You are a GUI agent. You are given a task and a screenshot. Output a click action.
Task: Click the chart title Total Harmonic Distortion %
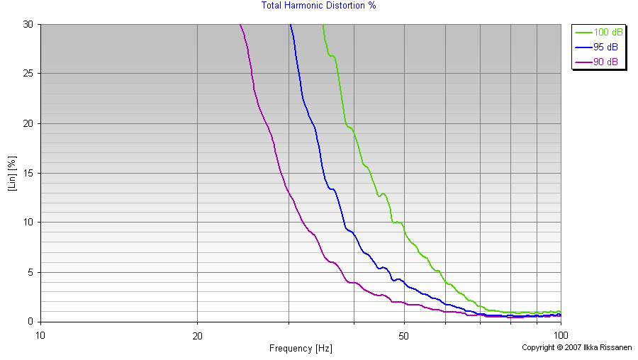coord(318,6)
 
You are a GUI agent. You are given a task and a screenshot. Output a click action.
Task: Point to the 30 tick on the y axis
coord(28,24)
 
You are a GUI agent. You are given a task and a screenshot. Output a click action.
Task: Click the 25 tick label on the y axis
coord(28,74)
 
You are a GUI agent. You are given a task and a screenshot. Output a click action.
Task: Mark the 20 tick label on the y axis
coord(28,123)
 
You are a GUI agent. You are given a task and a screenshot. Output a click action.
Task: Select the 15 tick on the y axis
coord(28,173)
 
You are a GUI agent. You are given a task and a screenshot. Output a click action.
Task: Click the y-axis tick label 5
coord(30,272)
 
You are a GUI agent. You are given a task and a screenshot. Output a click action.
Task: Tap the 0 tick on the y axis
coord(30,322)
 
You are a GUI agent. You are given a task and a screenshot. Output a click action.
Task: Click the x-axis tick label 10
coord(40,334)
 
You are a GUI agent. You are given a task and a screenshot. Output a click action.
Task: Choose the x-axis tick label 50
coord(403,334)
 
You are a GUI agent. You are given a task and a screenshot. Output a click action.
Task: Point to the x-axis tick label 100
coord(560,334)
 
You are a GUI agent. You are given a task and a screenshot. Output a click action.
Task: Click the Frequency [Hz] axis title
coord(301,348)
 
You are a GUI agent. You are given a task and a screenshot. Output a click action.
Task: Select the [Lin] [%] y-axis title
coord(12,173)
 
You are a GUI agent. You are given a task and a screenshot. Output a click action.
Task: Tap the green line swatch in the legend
coord(583,33)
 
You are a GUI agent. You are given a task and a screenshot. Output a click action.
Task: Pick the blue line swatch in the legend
coord(583,47)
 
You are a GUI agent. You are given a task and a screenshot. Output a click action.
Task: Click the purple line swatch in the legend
coord(583,62)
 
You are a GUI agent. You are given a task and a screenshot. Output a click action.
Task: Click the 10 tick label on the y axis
coord(28,223)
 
